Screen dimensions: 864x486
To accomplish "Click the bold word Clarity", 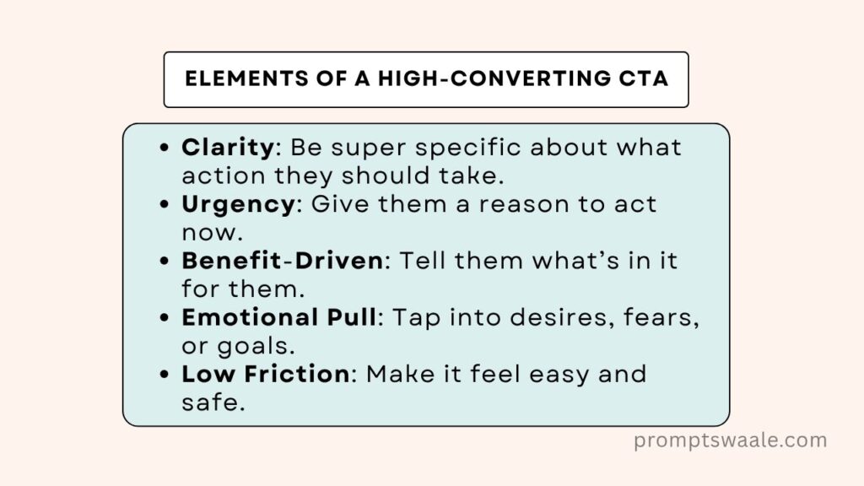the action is (x=228, y=148).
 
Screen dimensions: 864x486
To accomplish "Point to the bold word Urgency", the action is (x=238, y=205).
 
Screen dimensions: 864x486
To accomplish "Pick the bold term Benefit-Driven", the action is (x=282, y=261).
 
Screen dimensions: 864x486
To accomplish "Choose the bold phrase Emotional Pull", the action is (x=279, y=317).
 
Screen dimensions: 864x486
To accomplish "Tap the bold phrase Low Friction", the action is (x=266, y=374).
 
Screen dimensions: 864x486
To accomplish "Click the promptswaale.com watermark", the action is (x=730, y=440).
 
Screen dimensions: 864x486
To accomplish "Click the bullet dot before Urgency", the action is (x=165, y=204).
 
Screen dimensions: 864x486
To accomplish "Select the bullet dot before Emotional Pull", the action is (x=165, y=317).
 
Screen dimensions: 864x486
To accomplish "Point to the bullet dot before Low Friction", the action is (x=165, y=374).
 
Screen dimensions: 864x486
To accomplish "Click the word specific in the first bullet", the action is (x=467, y=148).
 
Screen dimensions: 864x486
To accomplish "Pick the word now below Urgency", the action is (x=212, y=234).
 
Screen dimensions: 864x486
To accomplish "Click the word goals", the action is (x=256, y=347).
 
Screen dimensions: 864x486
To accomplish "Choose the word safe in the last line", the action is (x=213, y=402).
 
